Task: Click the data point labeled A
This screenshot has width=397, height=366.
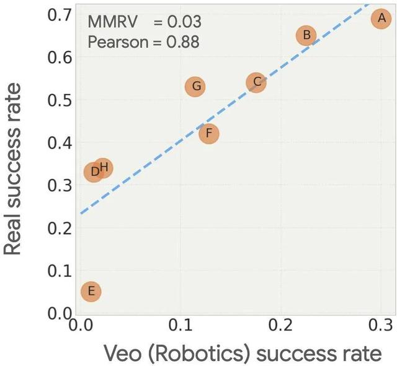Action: point(381,19)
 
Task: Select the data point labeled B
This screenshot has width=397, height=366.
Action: point(306,35)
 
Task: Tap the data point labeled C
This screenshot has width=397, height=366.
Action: point(256,82)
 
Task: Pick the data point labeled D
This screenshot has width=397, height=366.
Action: point(93,172)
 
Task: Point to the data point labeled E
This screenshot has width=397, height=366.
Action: point(91,292)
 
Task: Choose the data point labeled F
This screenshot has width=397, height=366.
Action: point(209,133)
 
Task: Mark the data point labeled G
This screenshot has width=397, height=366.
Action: point(195,86)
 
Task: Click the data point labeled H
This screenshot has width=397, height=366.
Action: point(104,167)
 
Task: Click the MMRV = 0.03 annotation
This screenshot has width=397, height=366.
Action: point(144,22)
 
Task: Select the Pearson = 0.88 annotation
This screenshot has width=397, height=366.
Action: point(144,43)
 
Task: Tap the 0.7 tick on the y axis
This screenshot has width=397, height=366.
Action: point(60,14)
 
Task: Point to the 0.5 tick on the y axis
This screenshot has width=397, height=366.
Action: point(60,100)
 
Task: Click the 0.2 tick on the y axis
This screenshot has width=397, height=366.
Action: point(60,228)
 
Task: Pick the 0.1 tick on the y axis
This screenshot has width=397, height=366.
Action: point(60,271)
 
